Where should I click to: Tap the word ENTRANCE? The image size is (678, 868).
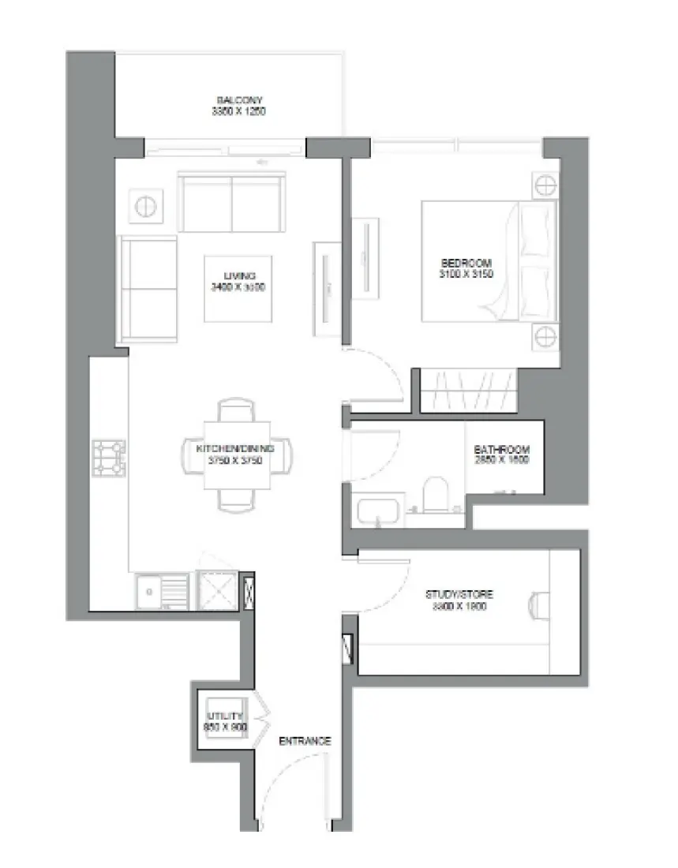pos(305,742)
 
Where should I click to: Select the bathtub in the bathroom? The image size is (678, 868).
pos(380,511)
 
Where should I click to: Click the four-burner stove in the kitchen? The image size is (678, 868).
pos(109,458)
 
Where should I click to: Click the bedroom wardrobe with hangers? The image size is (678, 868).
pos(469,391)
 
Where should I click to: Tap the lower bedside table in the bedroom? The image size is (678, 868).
pos(544,337)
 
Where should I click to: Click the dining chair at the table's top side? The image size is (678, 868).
pos(236,410)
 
